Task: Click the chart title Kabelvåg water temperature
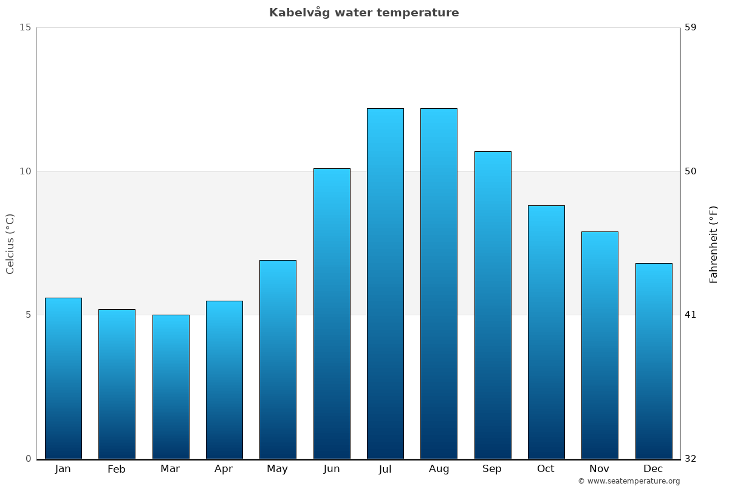pyautogui.click(x=364, y=13)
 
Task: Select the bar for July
pyautogui.click(x=385, y=283)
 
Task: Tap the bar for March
pyautogui.click(x=171, y=386)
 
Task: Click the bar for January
pyautogui.click(x=63, y=378)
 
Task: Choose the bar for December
pyautogui.click(x=654, y=361)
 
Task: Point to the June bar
pyautogui.click(x=332, y=313)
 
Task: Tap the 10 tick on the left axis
pyautogui.click(x=25, y=171)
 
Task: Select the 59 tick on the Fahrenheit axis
pyautogui.click(x=691, y=27)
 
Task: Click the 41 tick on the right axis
pyautogui.click(x=690, y=315)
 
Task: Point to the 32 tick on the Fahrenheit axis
pyautogui.click(x=691, y=459)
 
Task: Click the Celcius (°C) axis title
pyautogui.click(x=10, y=244)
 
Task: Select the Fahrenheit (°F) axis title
pyautogui.click(x=714, y=244)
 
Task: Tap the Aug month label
pyautogui.click(x=439, y=469)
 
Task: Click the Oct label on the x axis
pyautogui.click(x=546, y=469)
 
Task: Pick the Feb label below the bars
pyautogui.click(x=117, y=469)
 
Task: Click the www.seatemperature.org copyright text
pyautogui.click(x=629, y=481)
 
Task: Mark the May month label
pyautogui.click(x=277, y=469)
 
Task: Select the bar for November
pyautogui.click(x=600, y=345)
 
